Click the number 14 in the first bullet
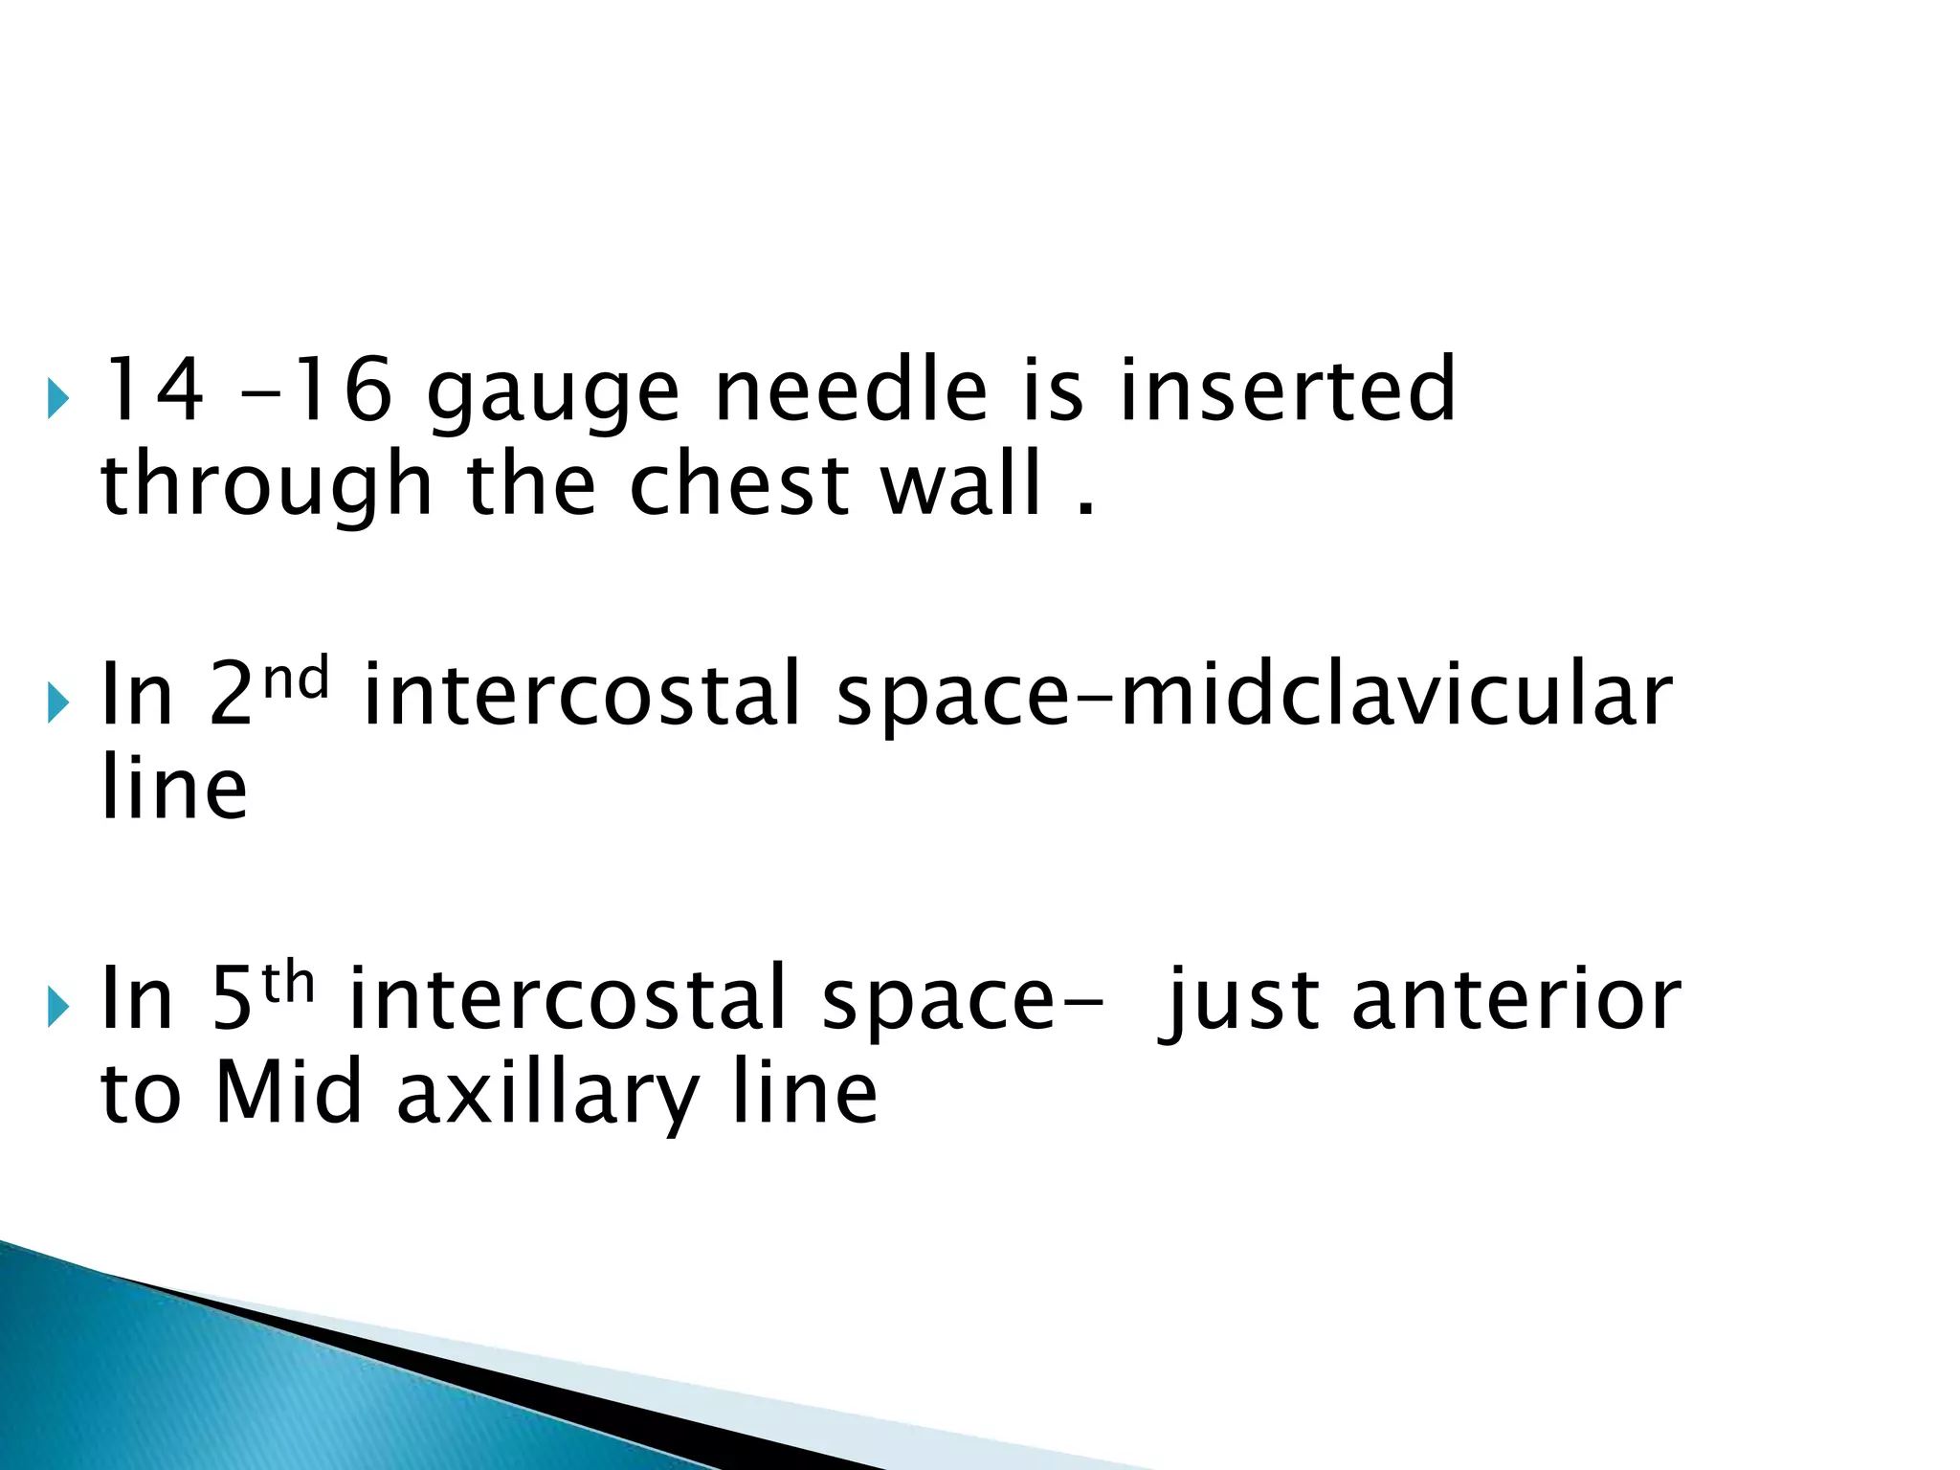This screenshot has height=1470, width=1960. tap(152, 390)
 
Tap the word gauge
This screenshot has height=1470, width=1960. tap(553, 393)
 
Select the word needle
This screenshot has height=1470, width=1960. tap(851, 390)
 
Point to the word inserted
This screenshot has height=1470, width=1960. tap(1287, 390)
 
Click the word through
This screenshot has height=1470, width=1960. tap(267, 488)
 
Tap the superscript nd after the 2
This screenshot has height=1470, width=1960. tap(296, 680)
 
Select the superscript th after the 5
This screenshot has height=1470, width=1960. tap(288, 985)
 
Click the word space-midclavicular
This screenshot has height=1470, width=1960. tap(1254, 696)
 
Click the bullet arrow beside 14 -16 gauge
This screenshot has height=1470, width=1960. tap(57, 398)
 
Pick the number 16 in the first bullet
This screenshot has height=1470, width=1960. tap(340, 390)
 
